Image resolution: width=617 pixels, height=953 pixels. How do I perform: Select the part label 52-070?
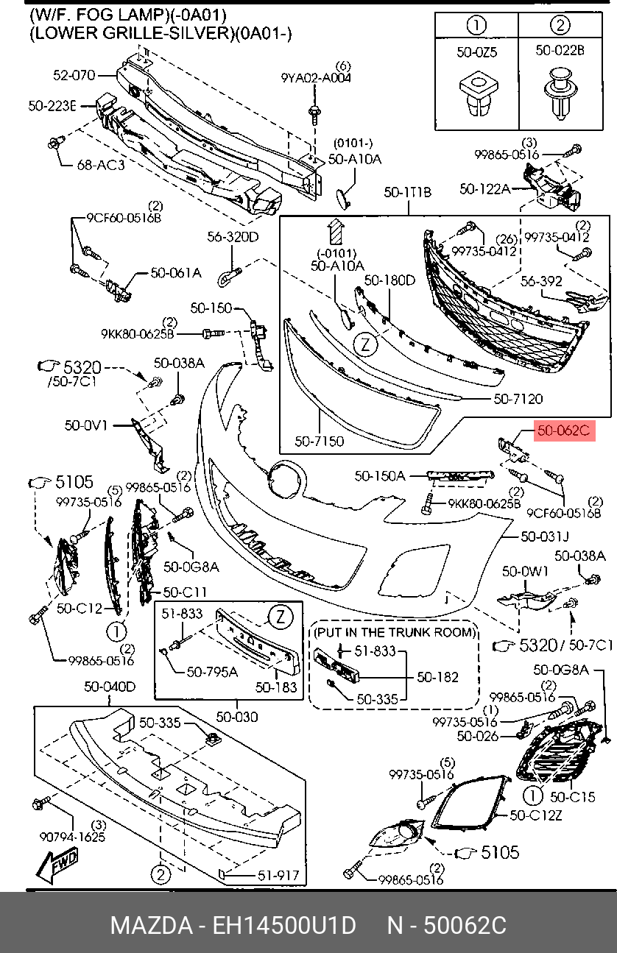[x=74, y=74]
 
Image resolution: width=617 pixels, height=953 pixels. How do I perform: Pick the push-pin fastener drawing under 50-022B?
[x=560, y=93]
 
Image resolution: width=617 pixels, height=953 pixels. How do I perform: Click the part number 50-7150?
[x=319, y=442]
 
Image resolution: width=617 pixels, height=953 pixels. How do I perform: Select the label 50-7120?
[x=518, y=400]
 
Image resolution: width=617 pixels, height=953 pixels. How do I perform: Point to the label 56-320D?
[x=233, y=237]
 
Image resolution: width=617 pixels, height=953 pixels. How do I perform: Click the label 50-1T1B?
[x=407, y=193]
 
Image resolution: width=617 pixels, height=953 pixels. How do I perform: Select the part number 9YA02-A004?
[x=316, y=77]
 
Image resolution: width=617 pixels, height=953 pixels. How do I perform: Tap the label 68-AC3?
[x=101, y=165]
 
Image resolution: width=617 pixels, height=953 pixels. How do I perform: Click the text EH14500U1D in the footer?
[x=284, y=926]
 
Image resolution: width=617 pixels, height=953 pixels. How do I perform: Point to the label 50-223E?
[x=52, y=106]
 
